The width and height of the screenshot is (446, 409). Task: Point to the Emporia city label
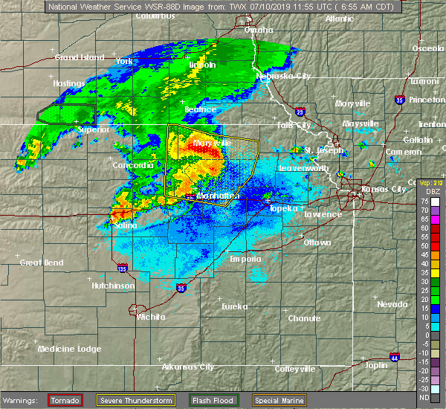[x=245, y=259]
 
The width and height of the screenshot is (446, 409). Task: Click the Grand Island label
[x=77, y=57]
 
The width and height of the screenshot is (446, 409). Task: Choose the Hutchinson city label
[x=113, y=286]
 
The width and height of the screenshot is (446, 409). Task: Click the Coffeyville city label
[x=295, y=368]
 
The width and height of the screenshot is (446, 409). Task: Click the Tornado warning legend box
[x=65, y=400]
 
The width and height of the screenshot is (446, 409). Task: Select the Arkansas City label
[x=188, y=367]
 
